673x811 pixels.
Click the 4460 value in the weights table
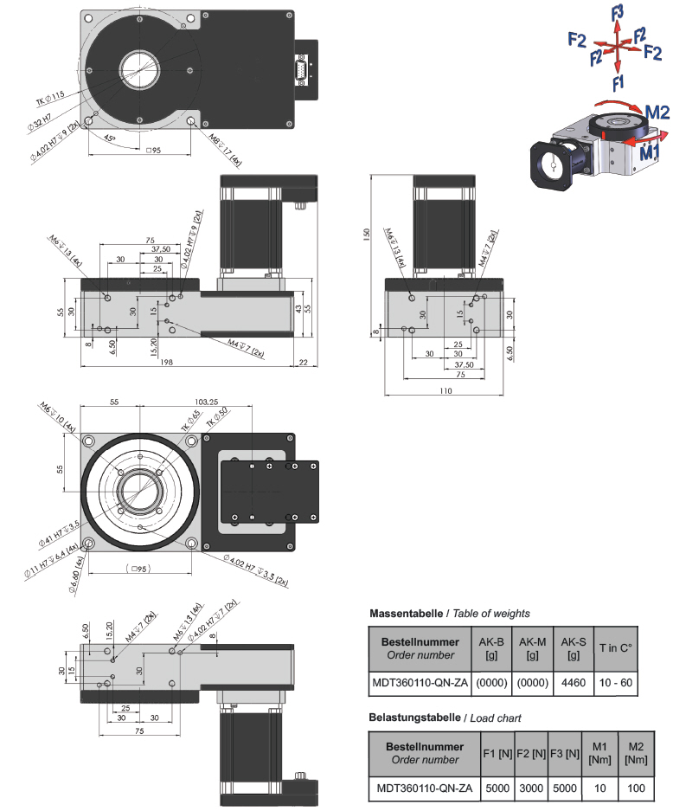click(x=573, y=683)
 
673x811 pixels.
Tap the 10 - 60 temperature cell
click(x=616, y=683)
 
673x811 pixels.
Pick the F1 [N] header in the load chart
click(x=497, y=754)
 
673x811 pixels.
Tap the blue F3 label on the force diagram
click(x=617, y=12)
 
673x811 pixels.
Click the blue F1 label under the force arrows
click(x=617, y=83)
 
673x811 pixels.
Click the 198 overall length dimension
click(x=165, y=362)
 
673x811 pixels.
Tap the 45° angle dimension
click(x=110, y=138)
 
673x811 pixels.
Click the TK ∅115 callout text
click(x=50, y=100)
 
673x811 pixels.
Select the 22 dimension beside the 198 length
click(x=304, y=362)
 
